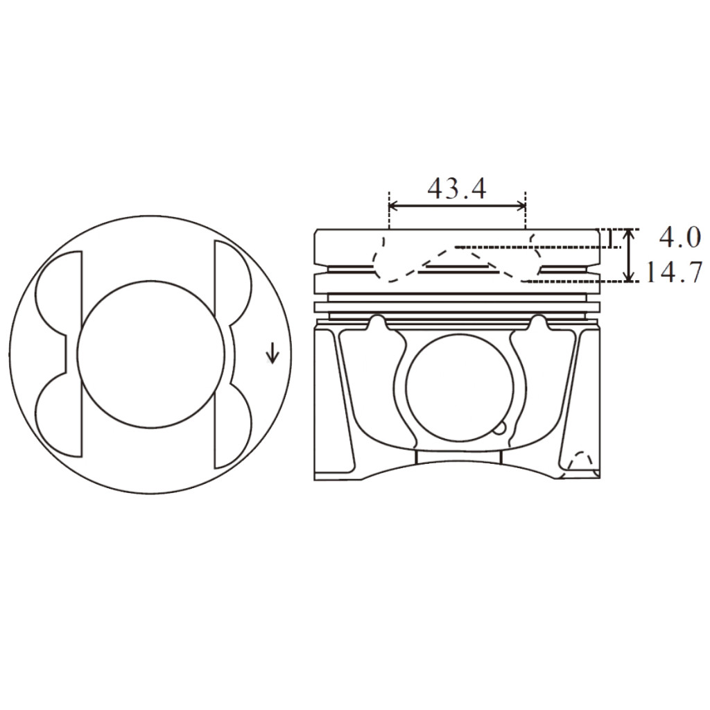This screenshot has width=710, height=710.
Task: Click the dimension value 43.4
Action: tap(457, 188)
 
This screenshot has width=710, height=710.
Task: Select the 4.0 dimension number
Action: tap(679, 238)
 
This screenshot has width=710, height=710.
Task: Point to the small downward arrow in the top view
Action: tap(272, 354)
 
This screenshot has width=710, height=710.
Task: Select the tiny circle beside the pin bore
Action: tap(499, 429)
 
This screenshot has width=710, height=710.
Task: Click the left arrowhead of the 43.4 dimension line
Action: tap(392, 205)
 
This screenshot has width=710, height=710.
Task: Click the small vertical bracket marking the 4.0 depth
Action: tap(610, 238)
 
